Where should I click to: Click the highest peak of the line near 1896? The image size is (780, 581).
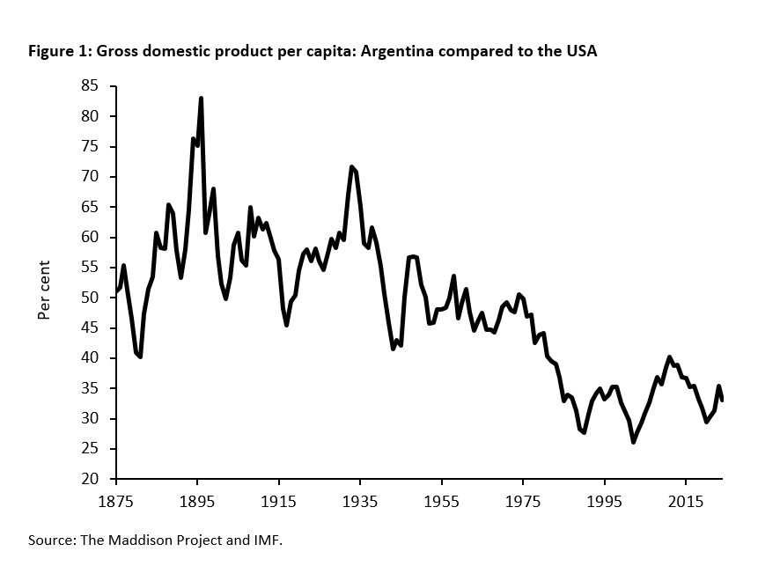tap(201, 99)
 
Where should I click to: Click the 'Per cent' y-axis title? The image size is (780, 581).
tap(45, 290)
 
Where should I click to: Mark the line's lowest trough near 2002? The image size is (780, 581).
tap(633, 442)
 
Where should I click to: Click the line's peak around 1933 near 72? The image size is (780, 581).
tap(351, 166)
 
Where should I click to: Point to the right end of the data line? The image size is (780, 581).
tap(722, 401)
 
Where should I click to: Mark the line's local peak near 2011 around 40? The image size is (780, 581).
tap(670, 357)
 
